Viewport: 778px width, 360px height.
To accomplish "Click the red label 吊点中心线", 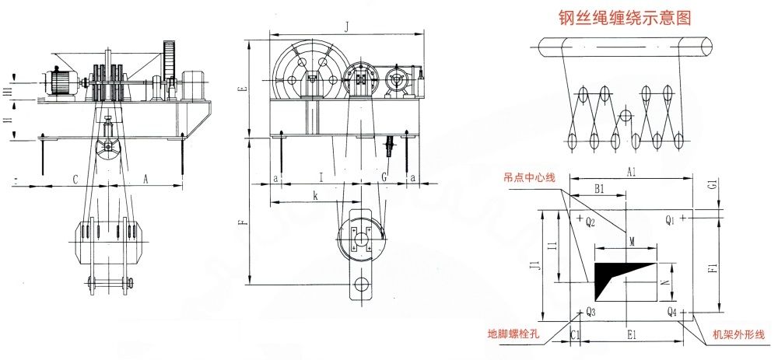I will pos(528,178).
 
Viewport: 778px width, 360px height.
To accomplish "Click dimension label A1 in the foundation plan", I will pos(631,172).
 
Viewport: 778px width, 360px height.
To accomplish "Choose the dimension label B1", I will pos(599,189).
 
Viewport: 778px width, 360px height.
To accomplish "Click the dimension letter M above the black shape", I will pos(632,242).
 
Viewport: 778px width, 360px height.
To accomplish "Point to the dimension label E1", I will pos(632,335).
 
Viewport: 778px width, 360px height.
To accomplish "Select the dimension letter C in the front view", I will pos(75,180).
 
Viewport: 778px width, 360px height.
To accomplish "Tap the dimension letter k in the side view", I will pos(315,197).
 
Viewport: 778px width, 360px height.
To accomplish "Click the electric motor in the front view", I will pos(61,81).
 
